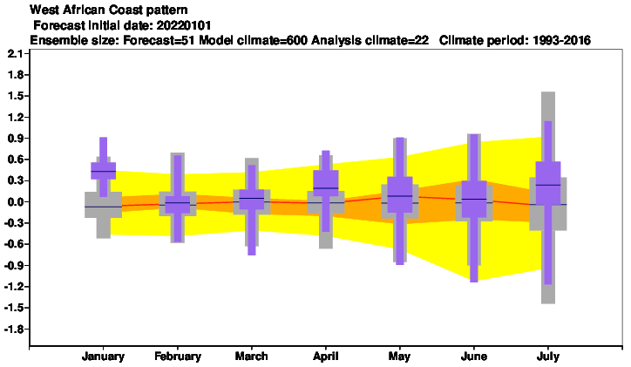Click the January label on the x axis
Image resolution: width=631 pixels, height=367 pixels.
[x=103, y=357]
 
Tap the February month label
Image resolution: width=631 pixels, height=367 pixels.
[x=178, y=357]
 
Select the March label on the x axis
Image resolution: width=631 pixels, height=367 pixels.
[x=252, y=357]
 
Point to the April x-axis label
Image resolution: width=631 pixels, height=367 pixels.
[x=326, y=357]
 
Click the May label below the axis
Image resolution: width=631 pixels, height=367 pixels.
[x=400, y=357]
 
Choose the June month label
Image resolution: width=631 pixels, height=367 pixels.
[x=474, y=357]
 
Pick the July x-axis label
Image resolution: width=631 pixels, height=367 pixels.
[x=547, y=357]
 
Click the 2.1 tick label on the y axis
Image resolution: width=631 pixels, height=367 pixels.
[x=16, y=53]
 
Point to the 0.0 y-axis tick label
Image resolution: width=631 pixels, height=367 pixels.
[x=16, y=202]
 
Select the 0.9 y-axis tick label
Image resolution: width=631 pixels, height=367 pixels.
[x=16, y=139]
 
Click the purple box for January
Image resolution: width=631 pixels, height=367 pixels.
[x=104, y=171]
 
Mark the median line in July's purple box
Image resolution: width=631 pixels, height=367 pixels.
[x=548, y=185]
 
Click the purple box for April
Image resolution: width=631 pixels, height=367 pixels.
[x=326, y=183]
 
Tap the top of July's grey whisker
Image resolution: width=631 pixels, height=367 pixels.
[x=548, y=92]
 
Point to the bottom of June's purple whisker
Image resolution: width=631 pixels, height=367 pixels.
[x=474, y=282]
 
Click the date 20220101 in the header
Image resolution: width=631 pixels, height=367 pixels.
[x=184, y=25]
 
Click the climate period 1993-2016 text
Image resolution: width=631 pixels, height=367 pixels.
[x=561, y=40]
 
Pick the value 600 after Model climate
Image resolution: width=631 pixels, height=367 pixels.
[x=297, y=40]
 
